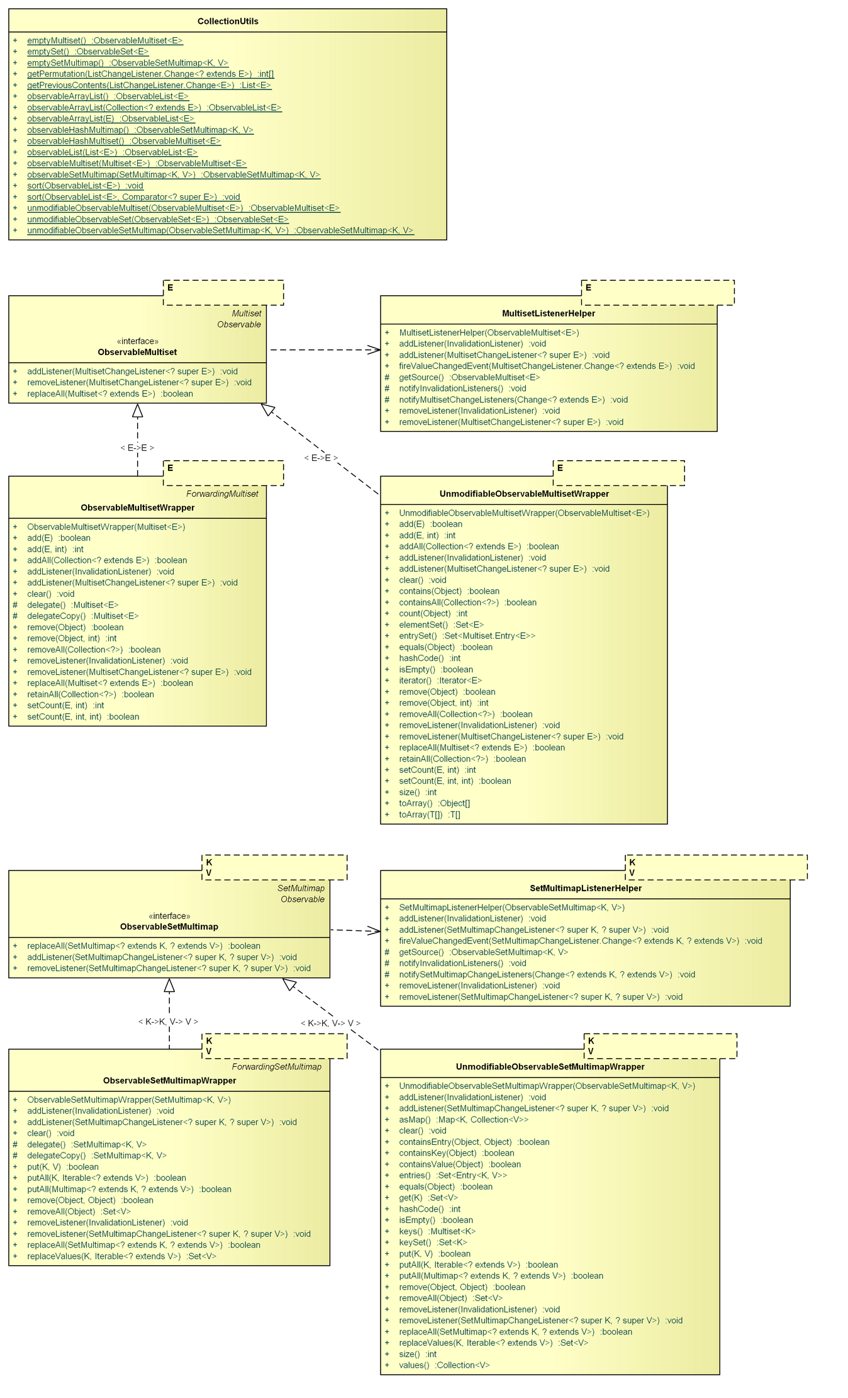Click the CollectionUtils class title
(x=228, y=21)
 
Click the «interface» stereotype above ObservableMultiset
(x=137, y=341)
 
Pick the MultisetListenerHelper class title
(x=548, y=313)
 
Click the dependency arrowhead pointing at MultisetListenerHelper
(x=375, y=349)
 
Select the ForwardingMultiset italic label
(x=222, y=493)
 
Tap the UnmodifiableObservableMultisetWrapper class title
(x=523, y=493)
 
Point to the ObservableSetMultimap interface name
(x=169, y=927)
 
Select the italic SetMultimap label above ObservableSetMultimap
(x=301, y=888)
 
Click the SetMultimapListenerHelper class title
(x=585, y=888)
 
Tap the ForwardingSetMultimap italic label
(x=276, y=1067)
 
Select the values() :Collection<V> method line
(x=444, y=1365)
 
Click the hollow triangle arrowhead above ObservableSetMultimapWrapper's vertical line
(x=169, y=986)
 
